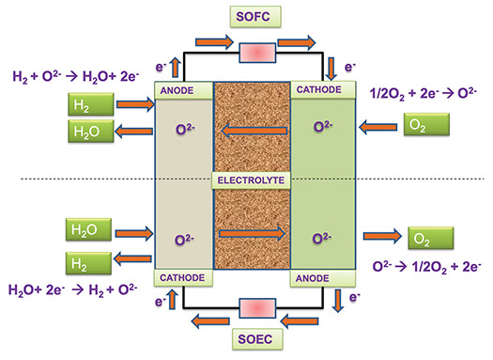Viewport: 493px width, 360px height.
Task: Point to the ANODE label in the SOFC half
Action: [x=179, y=90]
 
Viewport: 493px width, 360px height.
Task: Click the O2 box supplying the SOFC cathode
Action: [x=427, y=124]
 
